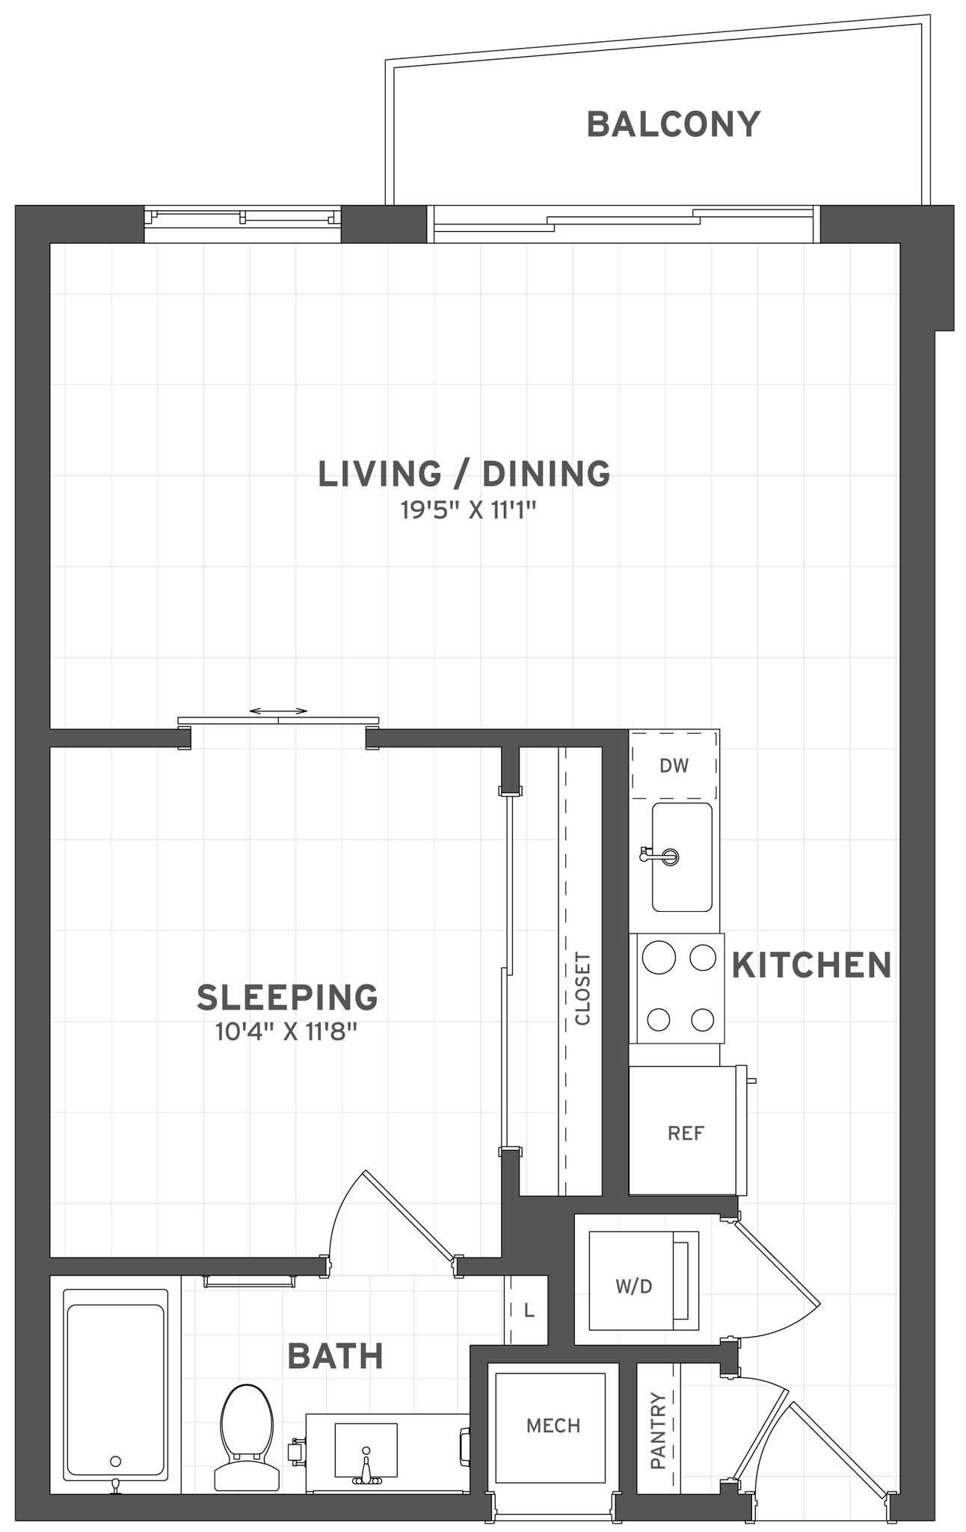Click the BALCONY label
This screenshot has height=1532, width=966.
pos(673,124)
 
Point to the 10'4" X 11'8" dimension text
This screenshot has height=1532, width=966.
pos(287,1033)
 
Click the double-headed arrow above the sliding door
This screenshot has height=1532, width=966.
pos(278,711)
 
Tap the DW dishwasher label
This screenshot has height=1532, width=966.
pos(674,765)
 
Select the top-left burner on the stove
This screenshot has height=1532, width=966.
pos(659,958)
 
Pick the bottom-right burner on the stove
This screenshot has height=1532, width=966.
pos(703,1019)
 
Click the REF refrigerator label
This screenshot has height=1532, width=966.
pos(686,1133)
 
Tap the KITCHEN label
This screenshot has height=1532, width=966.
pos(811,966)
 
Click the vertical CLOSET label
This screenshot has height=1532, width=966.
pos(582,988)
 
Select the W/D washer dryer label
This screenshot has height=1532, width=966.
pos(633,1286)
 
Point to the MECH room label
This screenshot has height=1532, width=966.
pos(553,1426)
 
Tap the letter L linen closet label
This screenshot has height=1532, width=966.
pos(529,1311)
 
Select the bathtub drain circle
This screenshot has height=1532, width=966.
pos(115,1460)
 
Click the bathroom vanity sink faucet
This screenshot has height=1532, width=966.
pos(366,1473)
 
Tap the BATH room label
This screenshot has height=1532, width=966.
pos(335,1355)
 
